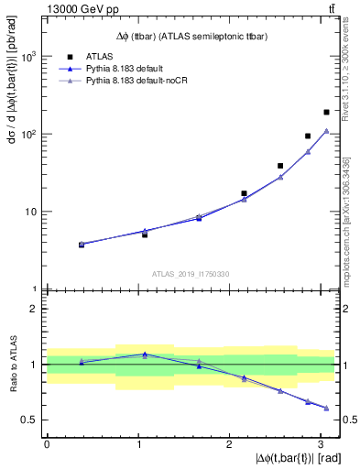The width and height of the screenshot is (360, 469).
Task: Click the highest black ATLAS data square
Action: click(326, 112)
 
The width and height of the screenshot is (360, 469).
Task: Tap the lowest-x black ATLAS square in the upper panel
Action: click(82, 245)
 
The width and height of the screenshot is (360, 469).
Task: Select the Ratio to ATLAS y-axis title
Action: click(13, 364)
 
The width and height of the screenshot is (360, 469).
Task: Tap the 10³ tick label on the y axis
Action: click(30, 56)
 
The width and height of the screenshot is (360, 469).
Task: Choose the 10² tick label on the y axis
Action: click(30, 134)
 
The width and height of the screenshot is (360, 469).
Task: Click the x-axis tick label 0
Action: click(47, 443)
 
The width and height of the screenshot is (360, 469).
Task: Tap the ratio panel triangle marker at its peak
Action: click(145, 354)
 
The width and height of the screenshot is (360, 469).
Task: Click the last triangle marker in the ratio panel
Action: click(326, 408)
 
